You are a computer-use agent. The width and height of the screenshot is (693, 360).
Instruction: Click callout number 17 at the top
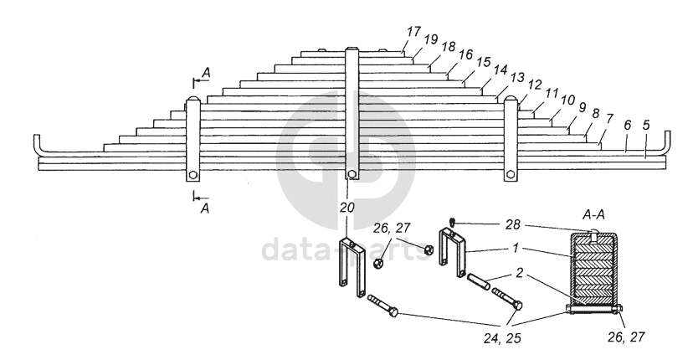coord(413,31)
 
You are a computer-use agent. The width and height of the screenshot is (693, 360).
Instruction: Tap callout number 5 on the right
coord(646,126)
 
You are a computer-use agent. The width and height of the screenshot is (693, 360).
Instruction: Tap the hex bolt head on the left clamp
coord(193,175)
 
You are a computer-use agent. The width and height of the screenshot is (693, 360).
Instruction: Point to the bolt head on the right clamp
coord(509,175)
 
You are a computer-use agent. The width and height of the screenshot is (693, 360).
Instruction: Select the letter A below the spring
coord(204,208)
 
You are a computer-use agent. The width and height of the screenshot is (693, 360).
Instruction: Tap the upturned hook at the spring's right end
coord(667,143)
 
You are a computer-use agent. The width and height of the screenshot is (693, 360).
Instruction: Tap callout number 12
coord(535,85)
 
